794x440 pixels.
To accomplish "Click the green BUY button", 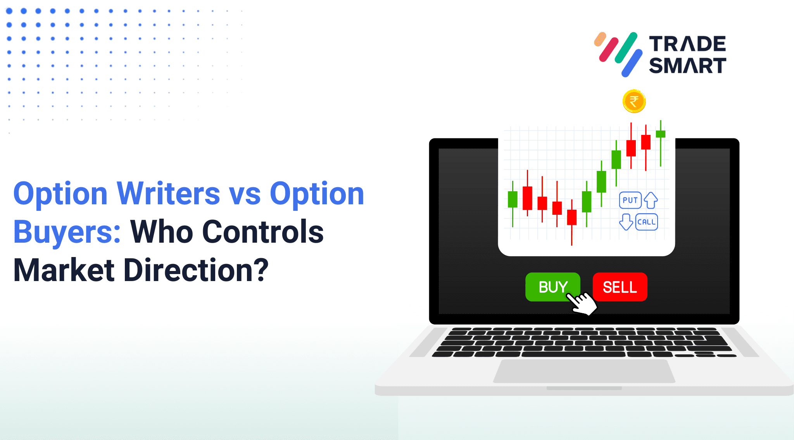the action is (552, 287).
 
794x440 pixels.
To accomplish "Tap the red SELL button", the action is (620, 287).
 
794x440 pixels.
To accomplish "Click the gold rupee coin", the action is (634, 102).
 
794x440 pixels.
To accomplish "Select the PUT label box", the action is (630, 200).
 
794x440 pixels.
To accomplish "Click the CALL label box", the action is (646, 222).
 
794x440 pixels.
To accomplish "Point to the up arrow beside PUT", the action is (651, 200).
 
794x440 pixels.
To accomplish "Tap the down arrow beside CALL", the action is (626, 222).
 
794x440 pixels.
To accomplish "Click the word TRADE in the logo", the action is (687, 44).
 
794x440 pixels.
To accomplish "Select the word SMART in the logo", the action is (687, 65).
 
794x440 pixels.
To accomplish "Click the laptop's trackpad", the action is (584, 371).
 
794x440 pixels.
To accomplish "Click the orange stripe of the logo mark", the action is (600, 39).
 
